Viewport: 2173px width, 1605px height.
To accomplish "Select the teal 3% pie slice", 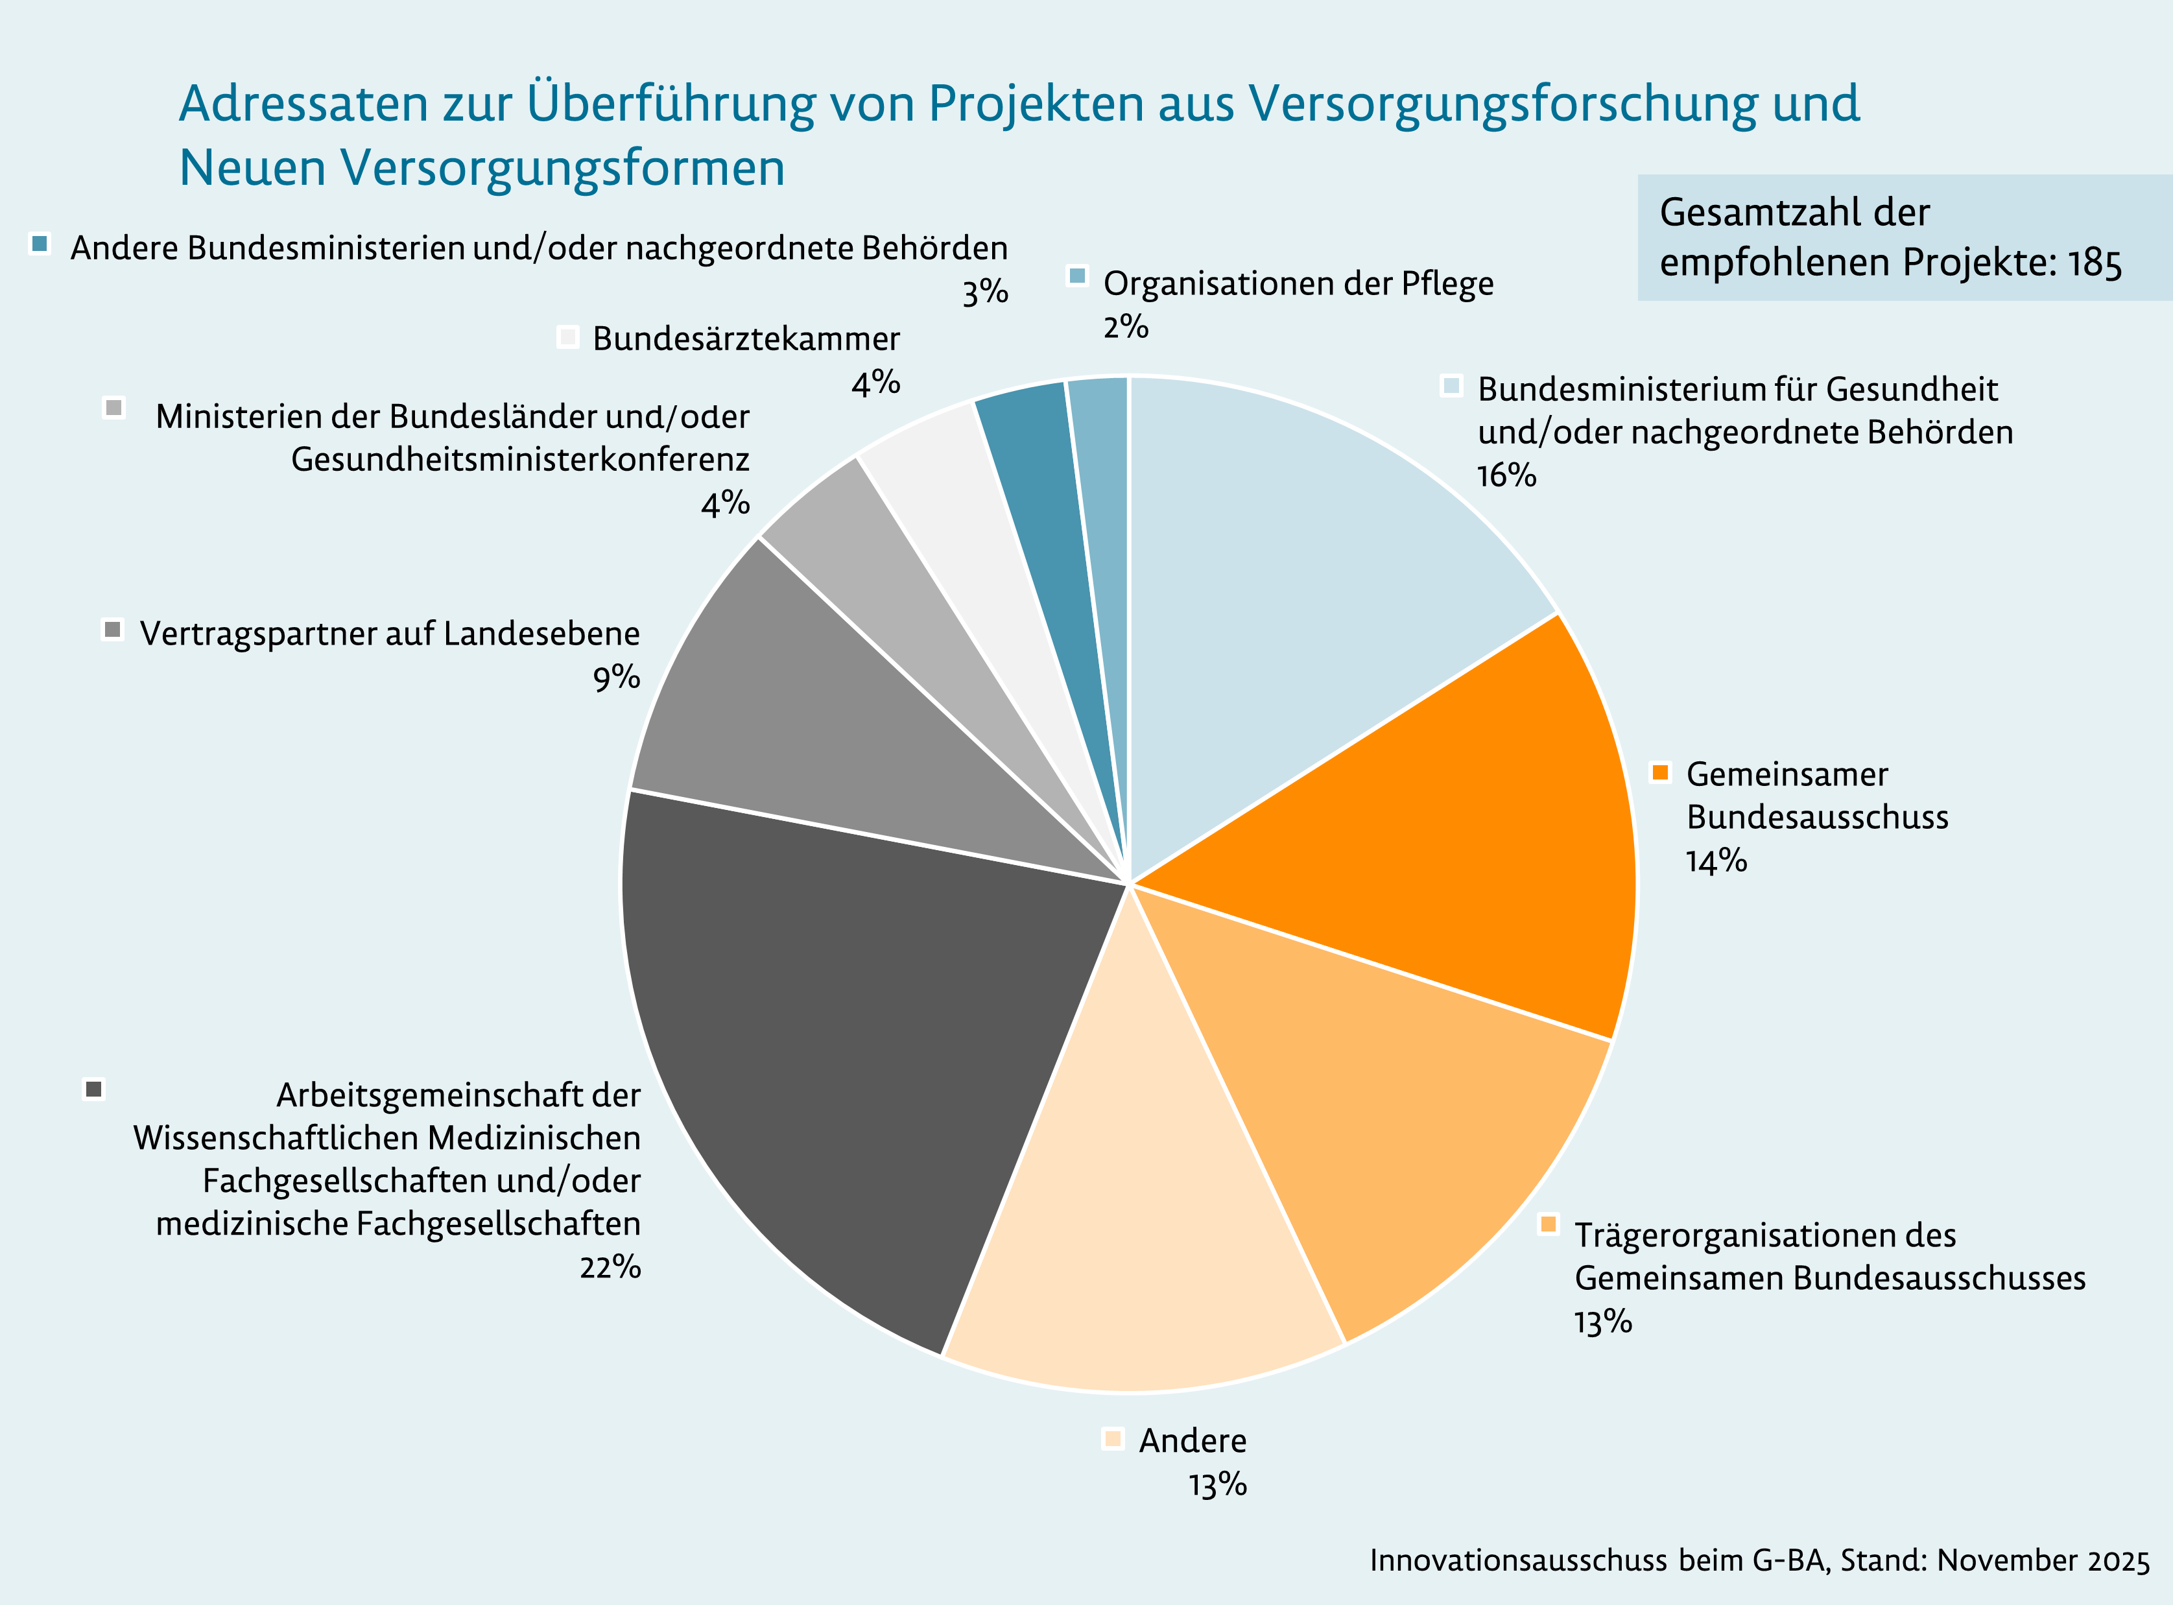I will pos(1054,515).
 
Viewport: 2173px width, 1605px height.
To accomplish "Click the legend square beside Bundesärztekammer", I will pos(568,337).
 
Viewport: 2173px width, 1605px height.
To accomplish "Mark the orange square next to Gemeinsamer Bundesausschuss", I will pos(1660,772).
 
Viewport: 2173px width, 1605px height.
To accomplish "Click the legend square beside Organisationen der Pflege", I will pos(1076,275).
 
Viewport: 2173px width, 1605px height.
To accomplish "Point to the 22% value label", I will pos(610,1267).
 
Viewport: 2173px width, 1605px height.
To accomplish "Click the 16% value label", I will pos(1506,475).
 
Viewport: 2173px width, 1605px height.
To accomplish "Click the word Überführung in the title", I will pos(671,103).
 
